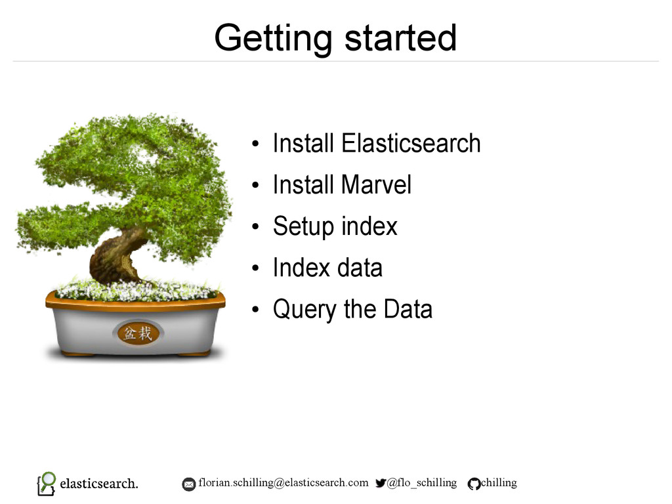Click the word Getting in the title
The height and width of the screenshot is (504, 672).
[273, 39]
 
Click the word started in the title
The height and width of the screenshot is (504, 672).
[401, 37]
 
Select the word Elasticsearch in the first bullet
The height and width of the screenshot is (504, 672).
[411, 142]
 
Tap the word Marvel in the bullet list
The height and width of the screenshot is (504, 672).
[376, 184]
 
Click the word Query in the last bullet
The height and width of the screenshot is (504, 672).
[304, 310]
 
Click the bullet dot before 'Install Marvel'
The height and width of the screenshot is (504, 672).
[256, 185]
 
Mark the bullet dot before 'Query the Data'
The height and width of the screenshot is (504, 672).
[256, 310]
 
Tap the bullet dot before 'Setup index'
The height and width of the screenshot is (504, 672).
[256, 226]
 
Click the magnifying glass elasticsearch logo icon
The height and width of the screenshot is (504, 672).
[47, 484]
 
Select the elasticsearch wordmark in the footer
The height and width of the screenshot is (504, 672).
[99, 484]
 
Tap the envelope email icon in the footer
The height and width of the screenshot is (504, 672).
[188, 484]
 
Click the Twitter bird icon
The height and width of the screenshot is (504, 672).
[381, 483]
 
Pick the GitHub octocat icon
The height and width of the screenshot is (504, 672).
[474, 484]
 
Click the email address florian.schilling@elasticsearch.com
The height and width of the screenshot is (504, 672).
[283, 483]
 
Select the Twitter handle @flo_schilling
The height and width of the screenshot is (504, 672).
[422, 483]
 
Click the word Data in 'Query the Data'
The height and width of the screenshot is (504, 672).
[408, 309]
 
